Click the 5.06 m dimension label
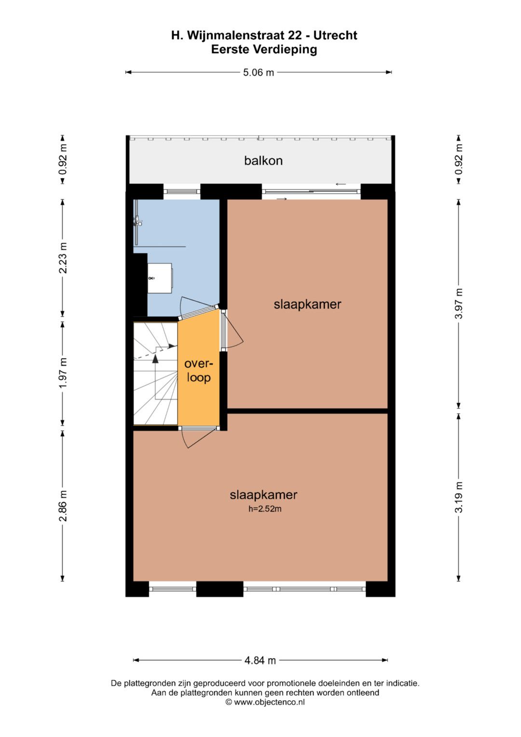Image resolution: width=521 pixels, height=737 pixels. (x=258, y=72)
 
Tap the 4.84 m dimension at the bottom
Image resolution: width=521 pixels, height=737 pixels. (x=260, y=660)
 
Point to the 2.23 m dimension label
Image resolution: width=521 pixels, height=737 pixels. (x=63, y=258)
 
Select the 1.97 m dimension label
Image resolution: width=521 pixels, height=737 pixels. (x=63, y=373)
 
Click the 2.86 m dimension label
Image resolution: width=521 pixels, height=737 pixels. (x=63, y=506)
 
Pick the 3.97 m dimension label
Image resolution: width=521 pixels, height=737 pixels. (x=459, y=304)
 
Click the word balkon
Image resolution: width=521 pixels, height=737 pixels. (x=263, y=161)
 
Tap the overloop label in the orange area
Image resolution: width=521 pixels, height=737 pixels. (x=198, y=371)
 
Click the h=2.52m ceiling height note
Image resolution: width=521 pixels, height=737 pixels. (x=265, y=509)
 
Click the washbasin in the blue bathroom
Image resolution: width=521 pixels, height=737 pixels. (x=160, y=278)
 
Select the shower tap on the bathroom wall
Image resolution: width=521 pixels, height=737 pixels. (x=137, y=221)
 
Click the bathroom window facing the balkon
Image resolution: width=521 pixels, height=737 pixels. (x=182, y=192)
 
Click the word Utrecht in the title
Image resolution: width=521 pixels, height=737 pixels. (x=335, y=35)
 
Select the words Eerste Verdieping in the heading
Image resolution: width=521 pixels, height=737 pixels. (x=264, y=50)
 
